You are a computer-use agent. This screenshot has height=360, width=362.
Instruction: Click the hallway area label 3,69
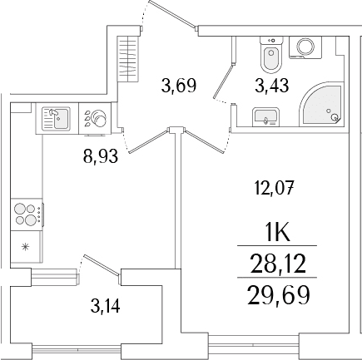coord(179,86)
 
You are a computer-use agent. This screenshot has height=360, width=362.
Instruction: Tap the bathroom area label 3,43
coord(272,85)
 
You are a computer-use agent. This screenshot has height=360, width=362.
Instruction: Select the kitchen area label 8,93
coord(101,156)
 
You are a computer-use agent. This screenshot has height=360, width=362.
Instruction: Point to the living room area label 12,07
coord(274,189)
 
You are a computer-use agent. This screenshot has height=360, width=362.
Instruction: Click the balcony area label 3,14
coord(105,306)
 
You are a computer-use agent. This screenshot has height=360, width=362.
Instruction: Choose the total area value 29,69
coord(278,295)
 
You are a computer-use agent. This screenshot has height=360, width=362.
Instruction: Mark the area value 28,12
coord(278,264)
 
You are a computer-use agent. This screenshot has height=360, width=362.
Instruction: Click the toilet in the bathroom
coord(271,55)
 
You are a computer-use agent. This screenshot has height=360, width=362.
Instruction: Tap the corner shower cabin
coord(322,105)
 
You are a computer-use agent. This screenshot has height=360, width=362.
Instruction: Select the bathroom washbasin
coord(265,117)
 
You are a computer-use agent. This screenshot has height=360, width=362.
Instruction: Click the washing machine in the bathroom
coord(305,47)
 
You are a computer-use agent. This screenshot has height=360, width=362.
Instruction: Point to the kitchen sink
coord(56,119)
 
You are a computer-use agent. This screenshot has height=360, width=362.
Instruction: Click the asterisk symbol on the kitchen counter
coord(25,246)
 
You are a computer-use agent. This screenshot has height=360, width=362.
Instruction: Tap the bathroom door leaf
coord(224,81)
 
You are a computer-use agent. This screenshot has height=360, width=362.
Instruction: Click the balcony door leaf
coord(102,266)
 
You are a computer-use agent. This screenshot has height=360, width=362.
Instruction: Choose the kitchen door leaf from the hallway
coord(149,141)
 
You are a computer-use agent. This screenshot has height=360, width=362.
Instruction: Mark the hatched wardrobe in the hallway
coord(128,59)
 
